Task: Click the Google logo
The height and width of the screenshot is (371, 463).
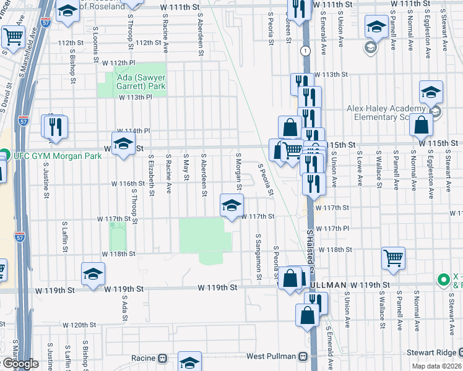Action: (20, 364)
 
